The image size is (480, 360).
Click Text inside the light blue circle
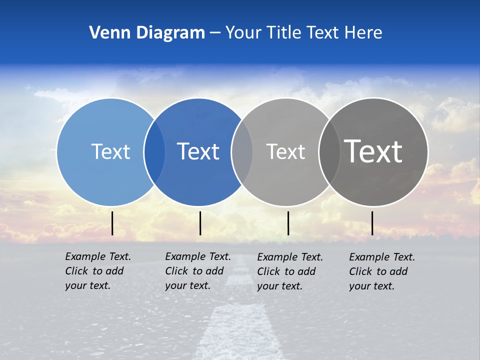110,151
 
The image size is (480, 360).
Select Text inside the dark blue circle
198,151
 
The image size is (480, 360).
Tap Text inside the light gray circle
285,151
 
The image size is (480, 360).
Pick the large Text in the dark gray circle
373,151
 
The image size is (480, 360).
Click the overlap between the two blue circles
154,152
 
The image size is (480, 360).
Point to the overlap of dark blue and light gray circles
242,152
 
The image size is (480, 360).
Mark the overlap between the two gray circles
329,152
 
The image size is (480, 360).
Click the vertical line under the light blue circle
112,223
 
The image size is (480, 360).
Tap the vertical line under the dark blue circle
200,223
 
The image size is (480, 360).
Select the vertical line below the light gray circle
288,223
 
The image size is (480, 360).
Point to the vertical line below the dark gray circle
372,223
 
